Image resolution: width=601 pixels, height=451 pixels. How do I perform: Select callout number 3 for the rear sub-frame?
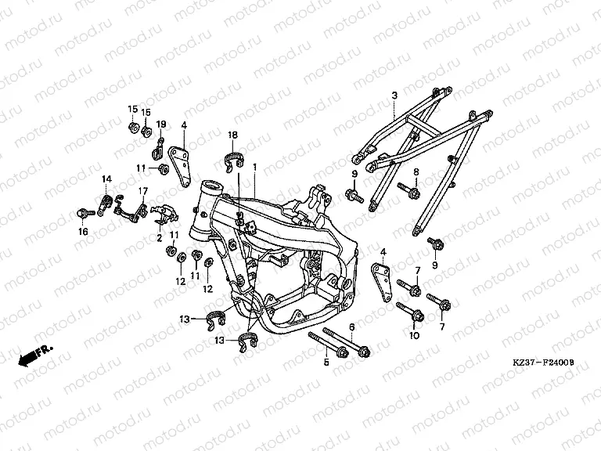tap(394, 96)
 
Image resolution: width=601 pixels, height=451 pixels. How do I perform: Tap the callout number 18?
tap(232, 135)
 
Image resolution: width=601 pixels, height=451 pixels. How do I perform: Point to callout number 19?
tap(161, 124)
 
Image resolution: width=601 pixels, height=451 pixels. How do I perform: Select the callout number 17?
tap(143, 191)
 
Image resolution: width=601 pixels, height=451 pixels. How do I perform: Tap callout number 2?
tap(159, 237)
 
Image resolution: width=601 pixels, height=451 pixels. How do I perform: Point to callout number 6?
tap(352, 327)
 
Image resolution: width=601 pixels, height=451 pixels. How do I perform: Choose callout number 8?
tap(416, 171)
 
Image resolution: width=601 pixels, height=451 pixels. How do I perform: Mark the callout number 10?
tap(416, 335)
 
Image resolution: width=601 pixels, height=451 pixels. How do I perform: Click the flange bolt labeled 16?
tap(81, 212)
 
